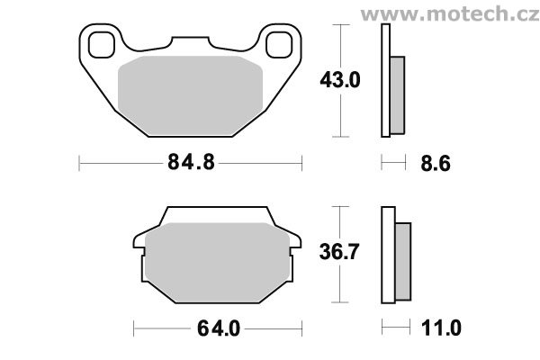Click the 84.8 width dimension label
coord(191,162)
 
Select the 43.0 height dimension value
coord(340,80)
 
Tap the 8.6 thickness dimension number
coord(436,163)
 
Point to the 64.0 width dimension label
coord(219,328)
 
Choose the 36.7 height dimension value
coord(339,251)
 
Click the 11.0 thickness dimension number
coord(441,328)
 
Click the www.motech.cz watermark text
coord(450,14)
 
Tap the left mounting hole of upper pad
coord(101,45)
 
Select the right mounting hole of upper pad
coord(279,45)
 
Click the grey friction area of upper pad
coord(190,95)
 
